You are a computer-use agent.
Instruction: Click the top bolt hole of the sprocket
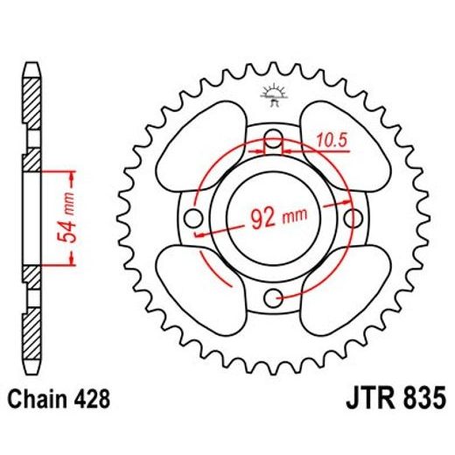tap(273, 137)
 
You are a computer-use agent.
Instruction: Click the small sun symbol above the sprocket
tap(272, 93)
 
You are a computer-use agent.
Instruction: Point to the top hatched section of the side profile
tap(30, 101)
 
